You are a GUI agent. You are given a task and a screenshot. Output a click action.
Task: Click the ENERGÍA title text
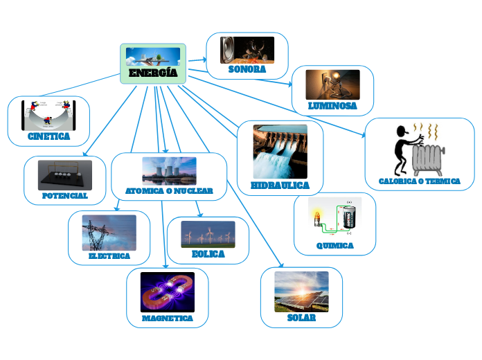[153, 73]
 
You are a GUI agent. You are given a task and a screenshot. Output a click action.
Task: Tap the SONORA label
[247, 70]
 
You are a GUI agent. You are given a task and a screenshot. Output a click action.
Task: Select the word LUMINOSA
[332, 107]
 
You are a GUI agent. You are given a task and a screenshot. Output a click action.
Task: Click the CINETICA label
[48, 137]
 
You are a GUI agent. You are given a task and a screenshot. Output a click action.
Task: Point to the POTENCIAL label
[64, 196]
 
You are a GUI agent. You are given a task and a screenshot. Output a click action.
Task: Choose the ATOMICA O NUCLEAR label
[169, 190]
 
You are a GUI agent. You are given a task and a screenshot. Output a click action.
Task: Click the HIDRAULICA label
[280, 186]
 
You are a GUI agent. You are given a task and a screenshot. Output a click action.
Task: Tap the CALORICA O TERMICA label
[420, 181]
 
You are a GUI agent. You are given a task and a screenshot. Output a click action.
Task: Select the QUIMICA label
[334, 246]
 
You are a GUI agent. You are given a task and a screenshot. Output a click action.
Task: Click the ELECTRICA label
[109, 256]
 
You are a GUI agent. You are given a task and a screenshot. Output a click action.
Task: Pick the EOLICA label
[208, 254]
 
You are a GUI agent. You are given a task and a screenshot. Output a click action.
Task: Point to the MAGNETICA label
[167, 318]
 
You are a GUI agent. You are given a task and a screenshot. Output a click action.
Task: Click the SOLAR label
[301, 318]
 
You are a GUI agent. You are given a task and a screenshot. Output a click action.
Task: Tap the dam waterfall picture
[280, 152]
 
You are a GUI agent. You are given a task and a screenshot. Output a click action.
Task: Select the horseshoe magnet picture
[167, 291]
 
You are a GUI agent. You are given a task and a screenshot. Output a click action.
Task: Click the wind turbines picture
[208, 234]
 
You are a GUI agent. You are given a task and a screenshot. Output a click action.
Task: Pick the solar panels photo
[301, 291]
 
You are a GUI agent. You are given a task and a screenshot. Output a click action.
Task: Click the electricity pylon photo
[109, 233]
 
